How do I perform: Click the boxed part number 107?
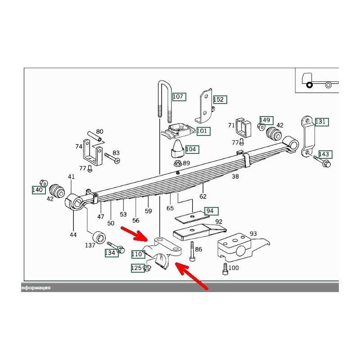[179, 97]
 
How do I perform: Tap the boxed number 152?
[220, 99]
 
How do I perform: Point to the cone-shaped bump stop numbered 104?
[177, 149]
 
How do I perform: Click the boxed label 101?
[203, 131]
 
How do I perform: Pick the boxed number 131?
[322, 121]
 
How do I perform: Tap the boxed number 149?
[266, 120]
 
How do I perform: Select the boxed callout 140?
[39, 190]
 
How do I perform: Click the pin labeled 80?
[94, 136]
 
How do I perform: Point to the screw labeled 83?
[112, 158]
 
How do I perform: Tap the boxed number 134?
[112, 253]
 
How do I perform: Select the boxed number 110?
[138, 254]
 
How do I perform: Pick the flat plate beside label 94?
[192, 217]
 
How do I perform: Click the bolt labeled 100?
[225, 269]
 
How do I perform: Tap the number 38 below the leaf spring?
[235, 176]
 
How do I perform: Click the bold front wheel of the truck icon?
[309, 85]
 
